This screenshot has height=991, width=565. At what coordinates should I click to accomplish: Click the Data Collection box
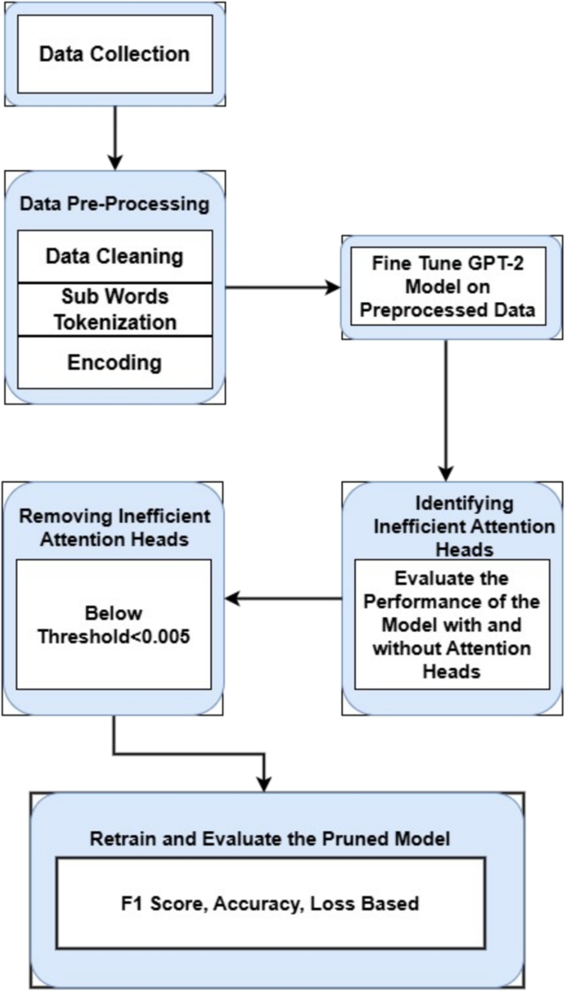pos(115,55)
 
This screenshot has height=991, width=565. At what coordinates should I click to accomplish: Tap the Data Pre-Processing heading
pos(115,203)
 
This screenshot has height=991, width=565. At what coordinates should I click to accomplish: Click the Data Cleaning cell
pos(115,256)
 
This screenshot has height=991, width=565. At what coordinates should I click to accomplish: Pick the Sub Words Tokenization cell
pos(115,309)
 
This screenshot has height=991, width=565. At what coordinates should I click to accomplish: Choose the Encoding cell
pos(115,362)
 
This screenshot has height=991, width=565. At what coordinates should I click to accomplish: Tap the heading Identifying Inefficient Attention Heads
pos(452,525)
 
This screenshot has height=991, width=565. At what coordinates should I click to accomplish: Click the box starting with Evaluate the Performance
pos(452,624)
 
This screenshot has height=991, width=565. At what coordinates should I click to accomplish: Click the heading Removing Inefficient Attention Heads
pos(115,528)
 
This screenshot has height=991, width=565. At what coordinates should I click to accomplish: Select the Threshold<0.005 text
pos(115,635)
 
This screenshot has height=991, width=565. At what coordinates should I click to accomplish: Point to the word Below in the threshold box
pos(115,614)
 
